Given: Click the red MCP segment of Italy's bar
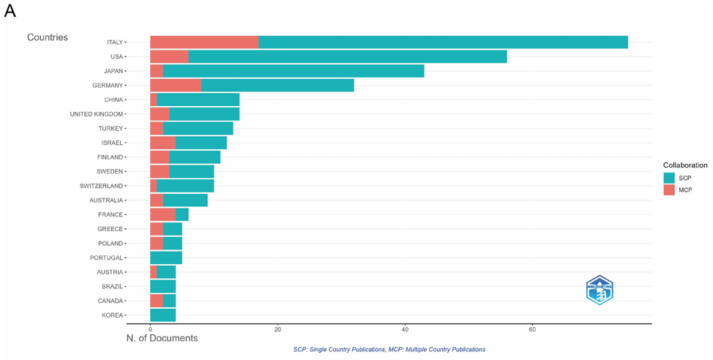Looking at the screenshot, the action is (x=204, y=42).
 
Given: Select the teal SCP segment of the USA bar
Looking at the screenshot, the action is (x=348, y=57).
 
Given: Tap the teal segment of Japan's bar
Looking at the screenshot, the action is (x=294, y=71).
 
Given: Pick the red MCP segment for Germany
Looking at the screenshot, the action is (x=176, y=86).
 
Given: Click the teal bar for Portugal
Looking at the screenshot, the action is (x=166, y=258).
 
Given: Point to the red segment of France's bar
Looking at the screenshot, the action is (x=163, y=214).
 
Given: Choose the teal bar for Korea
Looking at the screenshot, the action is (x=163, y=315).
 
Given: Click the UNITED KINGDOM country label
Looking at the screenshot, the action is (x=97, y=114).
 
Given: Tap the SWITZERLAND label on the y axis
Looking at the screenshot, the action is (x=102, y=186).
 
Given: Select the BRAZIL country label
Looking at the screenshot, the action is (x=112, y=286).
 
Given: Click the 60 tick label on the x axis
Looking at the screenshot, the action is (x=532, y=329).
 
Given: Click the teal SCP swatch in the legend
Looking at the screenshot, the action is (x=669, y=179).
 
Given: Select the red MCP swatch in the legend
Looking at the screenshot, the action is (x=669, y=190).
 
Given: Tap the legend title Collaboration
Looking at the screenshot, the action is (x=685, y=165).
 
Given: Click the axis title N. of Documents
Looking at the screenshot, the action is (x=162, y=338).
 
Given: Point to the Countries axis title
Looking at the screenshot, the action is (x=48, y=37).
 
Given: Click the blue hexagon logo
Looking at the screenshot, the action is (x=600, y=290).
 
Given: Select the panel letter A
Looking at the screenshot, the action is (x=10, y=11).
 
